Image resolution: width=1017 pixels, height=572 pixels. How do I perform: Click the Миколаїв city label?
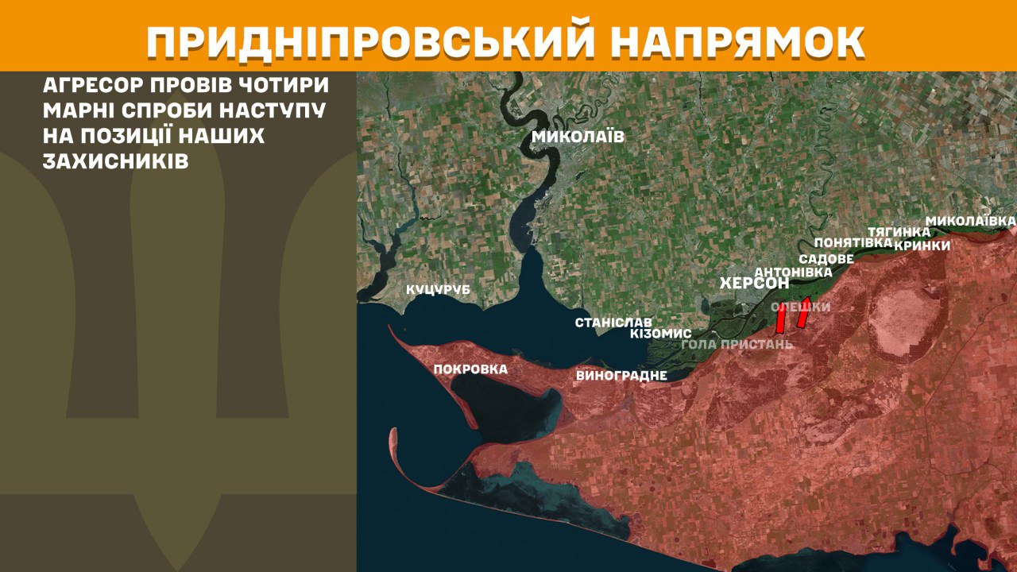pyautogui.click(x=578, y=137)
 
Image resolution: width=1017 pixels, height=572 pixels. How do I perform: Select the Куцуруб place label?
pyautogui.click(x=439, y=290)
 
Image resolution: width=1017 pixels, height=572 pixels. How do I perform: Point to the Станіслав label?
pyautogui.click(x=613, y=323)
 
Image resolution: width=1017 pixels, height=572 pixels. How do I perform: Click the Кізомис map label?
pyautogui.click(x=660, y=334)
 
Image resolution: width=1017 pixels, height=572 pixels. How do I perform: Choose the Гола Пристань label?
pyautogui.click(x=737, y=345)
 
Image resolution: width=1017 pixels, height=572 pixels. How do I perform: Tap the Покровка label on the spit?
pyautogui.click(x=470, y=369)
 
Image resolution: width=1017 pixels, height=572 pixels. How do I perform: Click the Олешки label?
pyautogui.click(x=801, y=307)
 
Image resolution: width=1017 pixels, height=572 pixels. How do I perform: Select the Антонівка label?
pyautogui.click(x=793, y=272)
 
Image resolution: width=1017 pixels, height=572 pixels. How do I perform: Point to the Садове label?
pyautogui.click(x=826, y=259)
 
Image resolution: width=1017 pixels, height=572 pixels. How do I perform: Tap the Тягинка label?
pyautogui.click(x=899, y=231)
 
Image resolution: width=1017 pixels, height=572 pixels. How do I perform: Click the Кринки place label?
pyautogui.click(x=922, y=245)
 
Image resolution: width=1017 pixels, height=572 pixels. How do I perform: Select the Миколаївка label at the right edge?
pyautogui.click(x=971, y=219)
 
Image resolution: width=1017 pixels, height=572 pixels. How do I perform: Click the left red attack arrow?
pyautogui.click(x=780, y=319)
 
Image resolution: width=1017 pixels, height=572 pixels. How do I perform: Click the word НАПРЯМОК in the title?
pyautogui.click(x=737, y=42)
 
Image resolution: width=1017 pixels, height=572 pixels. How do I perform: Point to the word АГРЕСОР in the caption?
pyautogui.click(x=89, y=85)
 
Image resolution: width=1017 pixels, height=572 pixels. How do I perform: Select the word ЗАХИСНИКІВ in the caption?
pyautogui.click(x=116, y=161)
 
